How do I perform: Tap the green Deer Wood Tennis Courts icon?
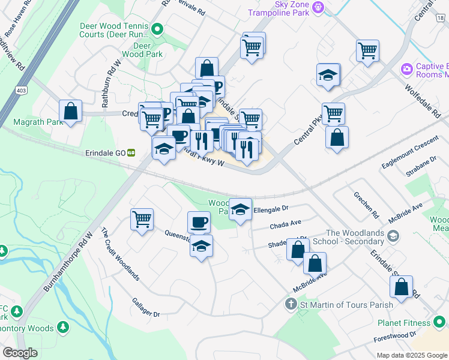coord(157,28)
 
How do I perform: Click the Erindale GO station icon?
coord(130,152)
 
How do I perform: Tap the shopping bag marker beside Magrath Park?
coord(71,111)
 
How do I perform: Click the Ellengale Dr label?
coord(271,209)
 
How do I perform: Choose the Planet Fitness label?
coord(403,323)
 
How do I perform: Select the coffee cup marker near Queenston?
coord(199,223)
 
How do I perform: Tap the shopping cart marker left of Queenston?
coord(142,220)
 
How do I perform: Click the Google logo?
coord(20,353)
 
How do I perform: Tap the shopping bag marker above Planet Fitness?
coord(401,287)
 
